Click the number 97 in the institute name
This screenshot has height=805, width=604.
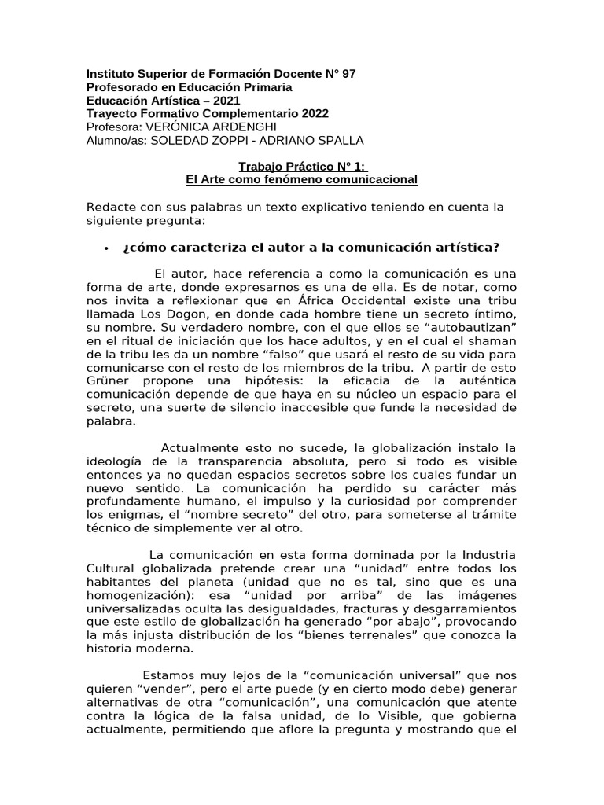347,74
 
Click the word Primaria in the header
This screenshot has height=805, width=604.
266,87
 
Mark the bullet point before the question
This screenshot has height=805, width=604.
105,248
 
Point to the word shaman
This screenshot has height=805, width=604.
495,341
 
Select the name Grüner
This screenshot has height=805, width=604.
107,381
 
